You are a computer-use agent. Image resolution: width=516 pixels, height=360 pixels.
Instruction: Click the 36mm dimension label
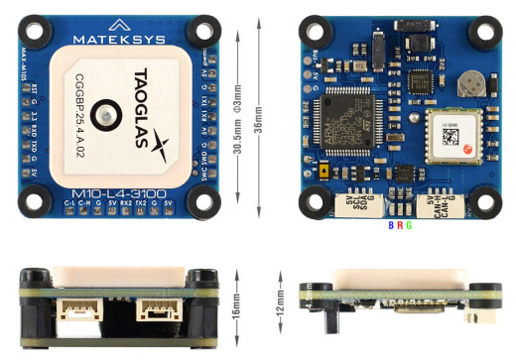(x=260, y=114)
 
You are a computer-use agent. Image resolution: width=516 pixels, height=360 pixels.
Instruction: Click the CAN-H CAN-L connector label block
(x=434, y=205)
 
